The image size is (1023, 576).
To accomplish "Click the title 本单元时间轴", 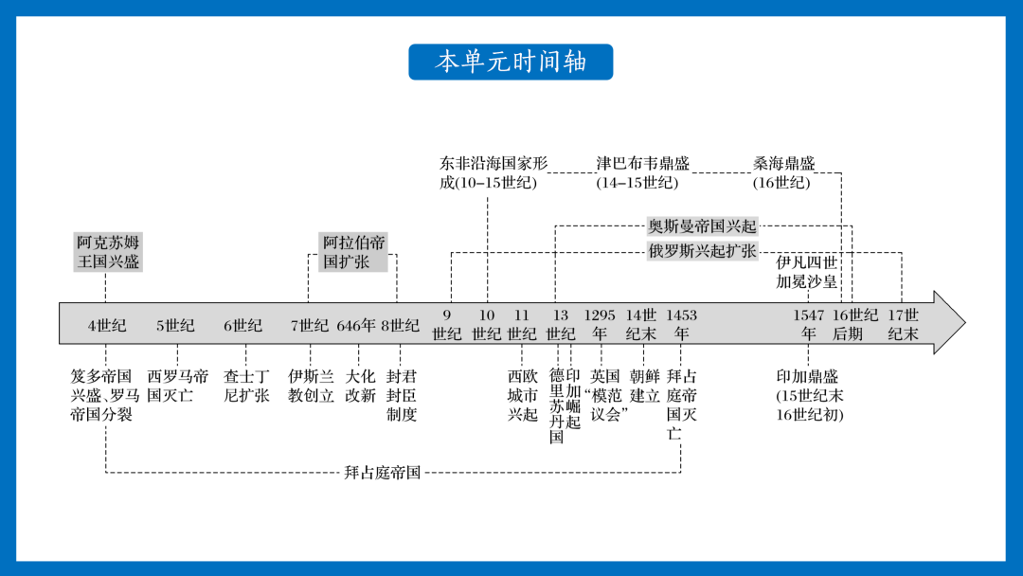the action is click(x=511, y=62).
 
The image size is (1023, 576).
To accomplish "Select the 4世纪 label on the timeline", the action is click(x=107, y=325).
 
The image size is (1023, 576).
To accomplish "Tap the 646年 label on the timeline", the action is click(x=356, y=325).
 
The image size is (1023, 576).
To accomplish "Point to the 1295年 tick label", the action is click(x=600, y=324).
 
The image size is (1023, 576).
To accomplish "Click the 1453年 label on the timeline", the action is click(x=681, y=324).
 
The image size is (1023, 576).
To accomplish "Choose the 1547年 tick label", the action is click(x=808, y=324).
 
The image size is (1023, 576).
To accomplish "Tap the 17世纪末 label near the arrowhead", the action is click(x=903, y=324).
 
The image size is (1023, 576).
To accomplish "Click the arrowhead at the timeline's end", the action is click(x=950, y=322).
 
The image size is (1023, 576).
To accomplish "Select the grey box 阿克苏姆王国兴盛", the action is click(x=108, y=252).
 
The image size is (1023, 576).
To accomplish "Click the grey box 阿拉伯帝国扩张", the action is click(x=353, y=252).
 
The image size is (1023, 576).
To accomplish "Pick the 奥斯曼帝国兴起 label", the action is click(x=702, y=226).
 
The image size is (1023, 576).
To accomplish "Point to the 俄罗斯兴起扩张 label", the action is click(x=702, y=251).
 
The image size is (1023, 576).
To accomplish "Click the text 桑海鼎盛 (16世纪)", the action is click(x=783, y=172).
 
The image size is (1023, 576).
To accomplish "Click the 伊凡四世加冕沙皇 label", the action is click(x=806, y=272).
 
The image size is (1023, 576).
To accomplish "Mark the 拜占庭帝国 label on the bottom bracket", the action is click(x=383, y=473).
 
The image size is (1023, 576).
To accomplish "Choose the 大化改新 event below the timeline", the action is click(x=360, y=386).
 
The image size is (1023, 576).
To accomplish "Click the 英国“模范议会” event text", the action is click(x=605, y=395).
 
